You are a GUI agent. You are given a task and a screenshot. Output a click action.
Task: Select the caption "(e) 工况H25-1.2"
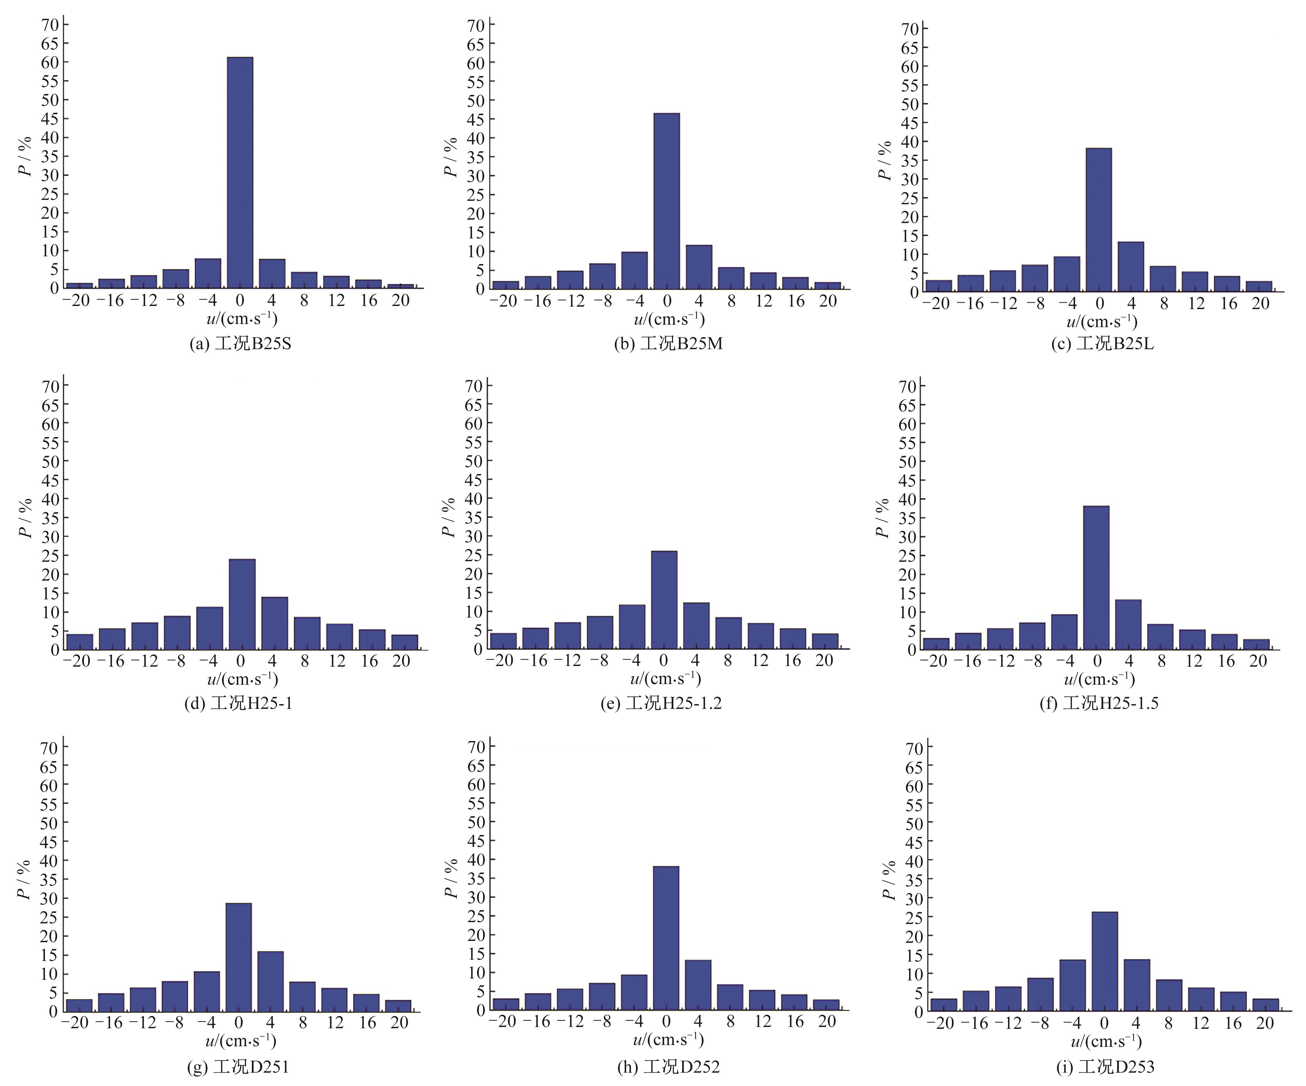click(661, 703)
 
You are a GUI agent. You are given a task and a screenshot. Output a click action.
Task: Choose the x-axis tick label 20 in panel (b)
click(828, 301)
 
